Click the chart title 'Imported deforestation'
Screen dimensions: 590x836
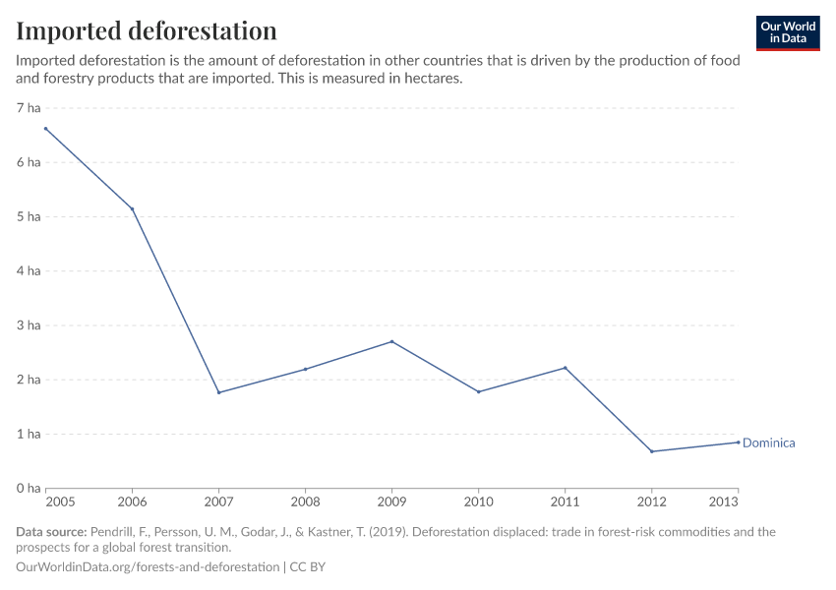(x=147, y=30)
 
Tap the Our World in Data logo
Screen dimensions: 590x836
(x=787, y=32)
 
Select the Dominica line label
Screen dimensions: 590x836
(x=768, y=442)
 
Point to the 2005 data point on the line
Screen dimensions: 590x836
(x=45, y=129)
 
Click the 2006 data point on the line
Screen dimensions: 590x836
(x=132, y=208)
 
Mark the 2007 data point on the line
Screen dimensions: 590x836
(x=218, y=392)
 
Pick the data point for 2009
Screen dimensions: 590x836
(x=391, y=341)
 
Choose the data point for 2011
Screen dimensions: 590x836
(x=565, y=368)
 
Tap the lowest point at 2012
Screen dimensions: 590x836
(x=651, y=451)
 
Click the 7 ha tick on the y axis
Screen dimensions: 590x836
(x=28, y=108)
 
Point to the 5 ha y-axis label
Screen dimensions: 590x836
(x=28, y=216)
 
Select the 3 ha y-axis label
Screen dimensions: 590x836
(x=28, y=325)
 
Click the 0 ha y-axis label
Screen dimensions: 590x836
(x=28, y=488)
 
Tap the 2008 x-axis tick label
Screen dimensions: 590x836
(x=305, y=501)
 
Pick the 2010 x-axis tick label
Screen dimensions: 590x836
(x=478, y=501)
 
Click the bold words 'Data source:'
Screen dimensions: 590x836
(x=51, y=532)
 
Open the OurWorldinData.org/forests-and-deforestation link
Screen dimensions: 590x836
(x=148, y=567)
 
